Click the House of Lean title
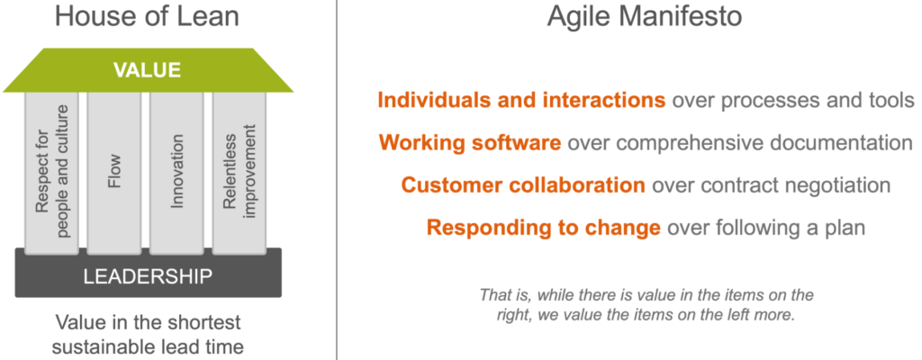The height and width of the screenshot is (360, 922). coord(147,16)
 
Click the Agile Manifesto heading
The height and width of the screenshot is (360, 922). coord(645,16)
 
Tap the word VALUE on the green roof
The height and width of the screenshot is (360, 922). coord(147,70)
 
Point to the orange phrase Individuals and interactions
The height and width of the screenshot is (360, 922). coord(521,101)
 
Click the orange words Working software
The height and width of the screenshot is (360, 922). coord(470,143)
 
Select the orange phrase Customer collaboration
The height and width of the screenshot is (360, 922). coord(523,184)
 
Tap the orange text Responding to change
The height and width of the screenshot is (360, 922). coord(544,227)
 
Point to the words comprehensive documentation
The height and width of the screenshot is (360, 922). coord(766,143)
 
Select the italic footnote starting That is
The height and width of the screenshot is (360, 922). coord(646,304)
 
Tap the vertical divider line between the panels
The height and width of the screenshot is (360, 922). coord(337,180)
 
